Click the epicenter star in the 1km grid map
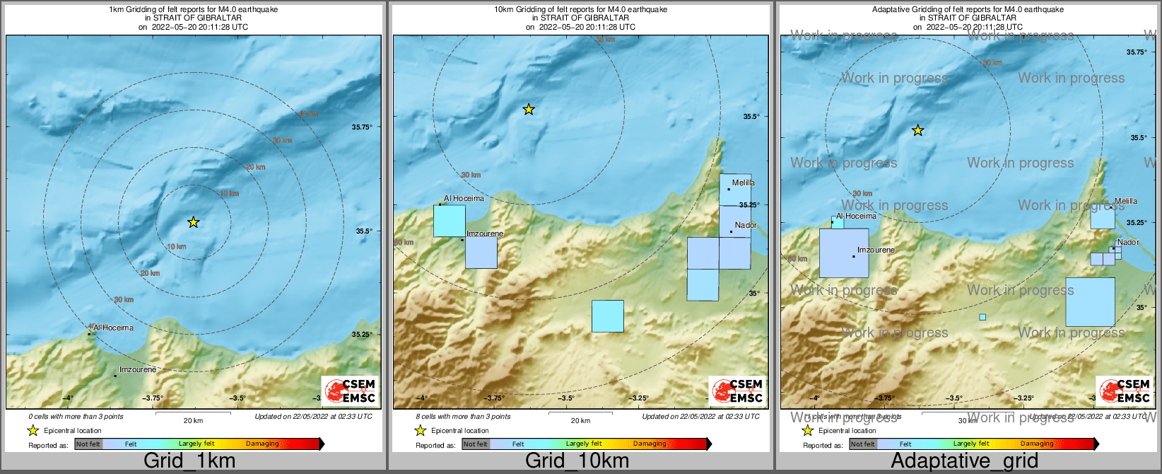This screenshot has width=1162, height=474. [x=194, y=222]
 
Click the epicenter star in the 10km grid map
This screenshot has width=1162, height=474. [x=529, y=110]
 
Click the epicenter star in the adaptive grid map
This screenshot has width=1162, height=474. [x=917, y=130]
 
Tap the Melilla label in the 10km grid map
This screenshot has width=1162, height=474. [x=744, y=183]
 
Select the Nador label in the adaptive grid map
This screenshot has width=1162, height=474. [x=1128, y=242]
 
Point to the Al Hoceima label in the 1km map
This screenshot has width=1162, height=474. [x=113, y=328]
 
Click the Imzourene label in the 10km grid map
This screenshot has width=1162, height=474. [x=485, y=233]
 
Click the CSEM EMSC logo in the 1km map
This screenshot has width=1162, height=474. [x=350, y=391]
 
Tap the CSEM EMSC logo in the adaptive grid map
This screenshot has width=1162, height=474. [x=1125, y=391]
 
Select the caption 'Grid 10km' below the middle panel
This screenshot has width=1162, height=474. [x=577, y=461]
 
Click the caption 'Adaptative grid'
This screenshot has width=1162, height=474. [x=964, y=461]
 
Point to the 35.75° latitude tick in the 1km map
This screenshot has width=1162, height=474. [x=362, y=127]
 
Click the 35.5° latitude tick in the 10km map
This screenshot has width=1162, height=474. [x=751, y=117]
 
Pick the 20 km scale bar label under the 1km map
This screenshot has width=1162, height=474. [x=193, y=420]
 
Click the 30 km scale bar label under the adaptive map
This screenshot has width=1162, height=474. [x=968, y=420]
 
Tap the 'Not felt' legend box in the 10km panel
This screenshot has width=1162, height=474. [x=476, y=444]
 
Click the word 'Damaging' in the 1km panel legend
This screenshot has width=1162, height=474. [x=262, y=444]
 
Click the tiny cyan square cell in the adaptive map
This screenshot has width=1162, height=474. [x=982, y=317]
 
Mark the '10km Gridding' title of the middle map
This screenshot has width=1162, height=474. [x=580, y=10]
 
